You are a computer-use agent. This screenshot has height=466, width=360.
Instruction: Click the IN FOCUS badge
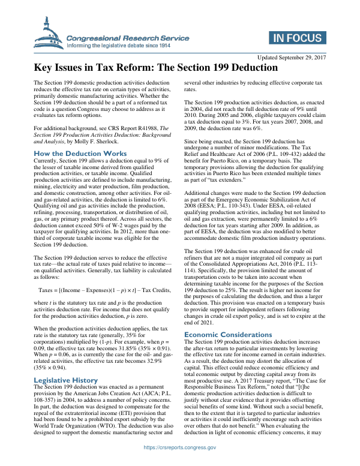(x=296, y=40)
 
